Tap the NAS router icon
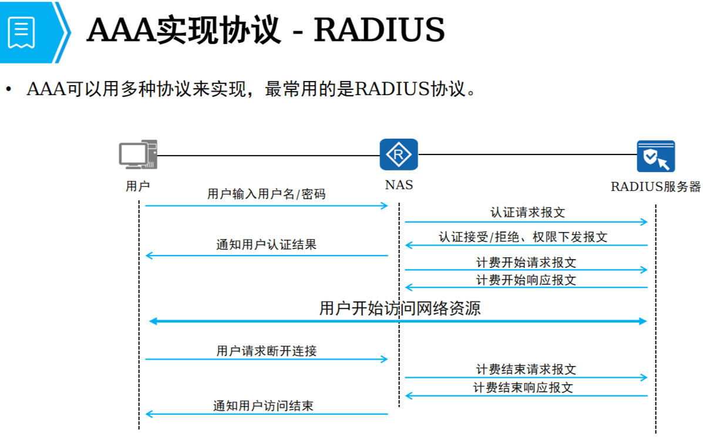pos(399,155)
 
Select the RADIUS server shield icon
pos(656,156)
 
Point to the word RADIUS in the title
pos(379,29)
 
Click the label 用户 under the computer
pos(138,186)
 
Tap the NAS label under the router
pos(399,185)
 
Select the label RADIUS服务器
pos(656,187)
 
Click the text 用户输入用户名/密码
pos(266,195)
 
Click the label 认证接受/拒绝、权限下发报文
pos(523,237)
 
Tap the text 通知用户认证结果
pos(266,244)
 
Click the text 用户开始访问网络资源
pos(399,308)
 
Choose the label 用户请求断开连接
pos(266,351)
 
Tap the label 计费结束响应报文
pos(523,387)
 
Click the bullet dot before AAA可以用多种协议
pos(9,90)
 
